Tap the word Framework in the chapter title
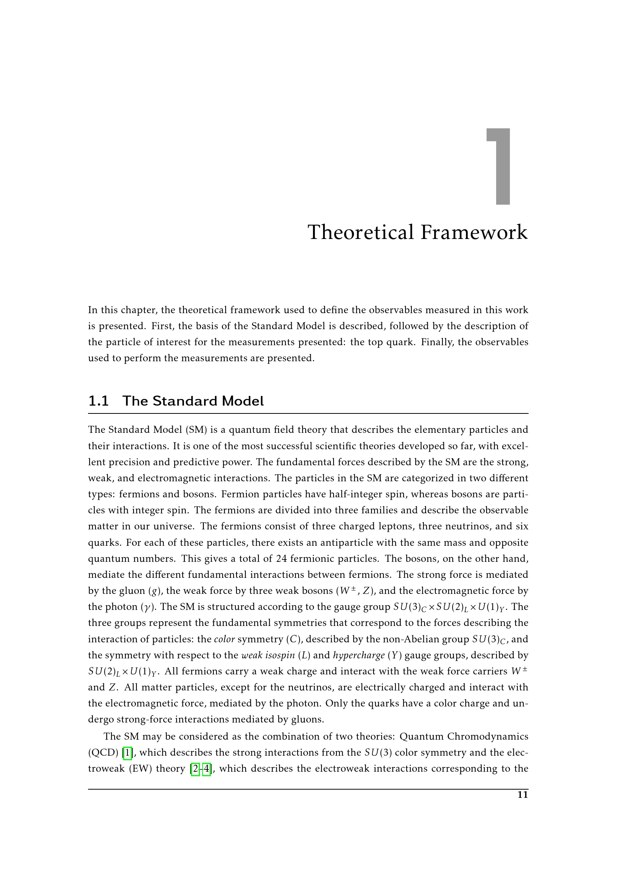point(474,232)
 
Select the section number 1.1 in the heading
point(98,401)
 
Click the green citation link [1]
point(128,752)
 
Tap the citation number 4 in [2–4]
point(207,768)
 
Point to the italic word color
point(225,639)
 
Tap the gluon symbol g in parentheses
point(153,591)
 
